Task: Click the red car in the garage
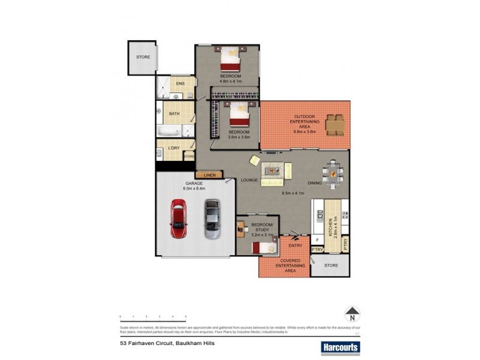[x=178, y=220]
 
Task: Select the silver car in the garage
[x=211, y=220]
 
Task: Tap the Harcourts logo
[x=334, y=347]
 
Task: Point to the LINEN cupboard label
[x=209, y=175]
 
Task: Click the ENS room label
[x=180, y=84]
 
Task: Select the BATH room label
[x=174, y=114]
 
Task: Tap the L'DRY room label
[x=174, y=148]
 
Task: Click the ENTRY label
[x=295, y=245]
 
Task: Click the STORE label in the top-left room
[x=143, y=57]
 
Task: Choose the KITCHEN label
[x=329, y=229]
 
